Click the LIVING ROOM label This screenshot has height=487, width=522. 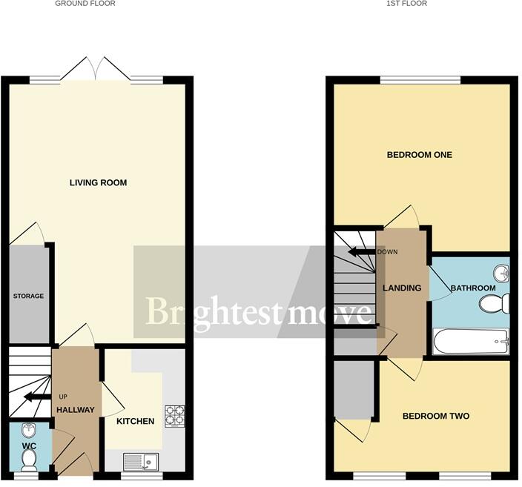pos(98,182)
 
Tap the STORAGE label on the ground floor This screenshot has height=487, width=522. pos(28,296)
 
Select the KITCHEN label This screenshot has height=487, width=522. pos(135,421)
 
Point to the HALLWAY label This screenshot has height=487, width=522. pos(76,410)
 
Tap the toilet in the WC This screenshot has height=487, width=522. pos(30,459)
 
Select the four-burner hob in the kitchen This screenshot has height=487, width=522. pos(175,415)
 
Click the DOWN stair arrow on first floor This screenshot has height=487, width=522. pos(363,252)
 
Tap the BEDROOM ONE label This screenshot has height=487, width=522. pos(420,155)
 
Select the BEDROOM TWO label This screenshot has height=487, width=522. pos(436,416)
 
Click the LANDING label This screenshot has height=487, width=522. pos(401,288)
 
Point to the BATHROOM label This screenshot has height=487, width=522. pos(473,288)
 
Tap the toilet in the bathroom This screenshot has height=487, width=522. pos(494,303)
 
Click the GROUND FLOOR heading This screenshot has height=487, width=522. pos(85,4)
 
